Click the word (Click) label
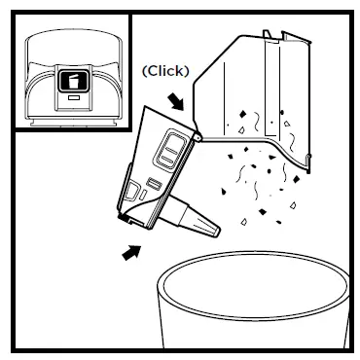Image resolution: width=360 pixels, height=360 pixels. tap(166, 71)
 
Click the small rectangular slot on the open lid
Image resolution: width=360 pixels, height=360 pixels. tap(154, 183)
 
